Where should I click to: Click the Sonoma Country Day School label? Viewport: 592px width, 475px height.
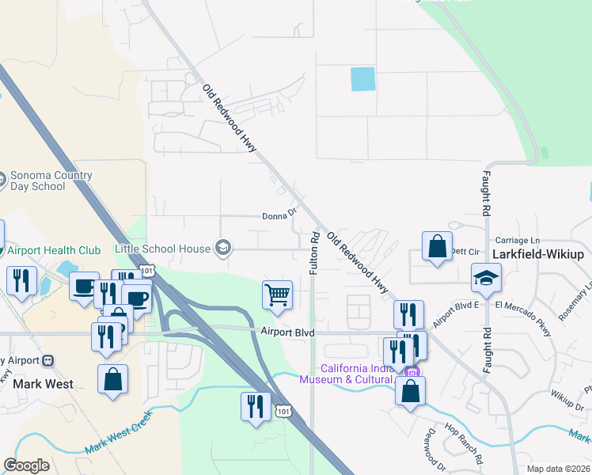click(36, 181)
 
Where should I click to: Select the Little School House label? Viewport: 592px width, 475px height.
click(162, 249)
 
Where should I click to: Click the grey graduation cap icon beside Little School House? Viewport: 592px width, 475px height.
click(223, 249)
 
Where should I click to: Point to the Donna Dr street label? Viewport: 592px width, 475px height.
click(279, 215)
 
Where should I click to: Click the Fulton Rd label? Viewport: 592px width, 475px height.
click(314, 253)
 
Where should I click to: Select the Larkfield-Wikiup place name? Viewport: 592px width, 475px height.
click(537, 254)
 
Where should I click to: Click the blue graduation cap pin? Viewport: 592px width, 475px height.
click(486, 278)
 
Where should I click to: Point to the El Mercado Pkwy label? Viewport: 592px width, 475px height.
click(522, 305)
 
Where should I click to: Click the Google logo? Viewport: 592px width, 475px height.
click(26, 465)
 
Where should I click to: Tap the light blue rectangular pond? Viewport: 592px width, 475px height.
click(362, 78)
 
